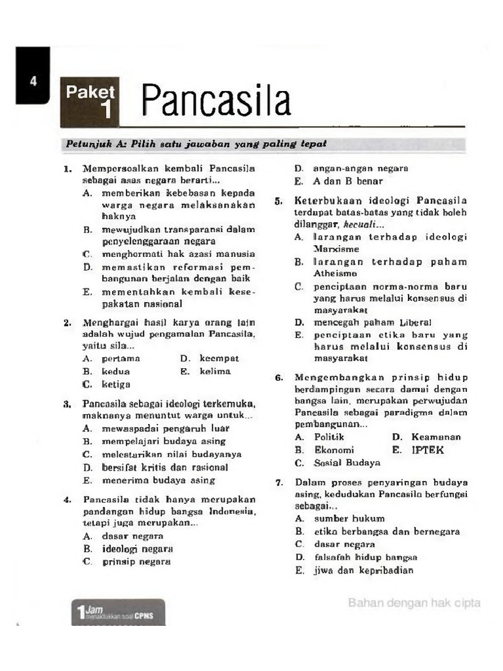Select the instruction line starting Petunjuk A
click(196, 144)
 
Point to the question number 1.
click(67, 169)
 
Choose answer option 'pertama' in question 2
click(121, 358)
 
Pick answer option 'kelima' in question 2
click(213, 372)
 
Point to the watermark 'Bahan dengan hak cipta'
click(414, 603)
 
